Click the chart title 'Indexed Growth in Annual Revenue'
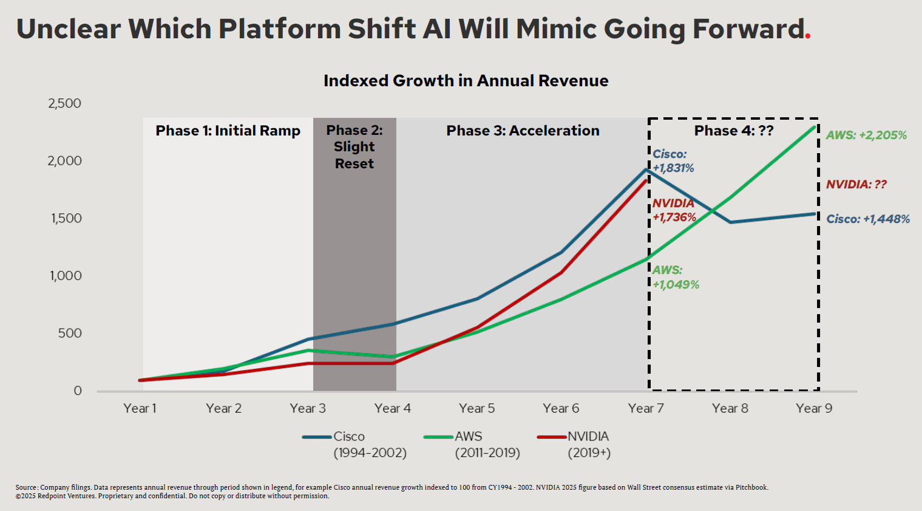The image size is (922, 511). click(x=466, y=81)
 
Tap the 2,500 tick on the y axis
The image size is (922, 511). click(x=64, y=103)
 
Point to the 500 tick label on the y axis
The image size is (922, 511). click(x=70, y=333)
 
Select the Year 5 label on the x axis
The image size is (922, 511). click(x=476, y=408)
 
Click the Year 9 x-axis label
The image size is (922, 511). click(x=814, y=408)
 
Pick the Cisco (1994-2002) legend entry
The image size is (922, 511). click(x=355, y=444)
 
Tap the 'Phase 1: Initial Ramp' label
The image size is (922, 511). click(x=228, y=131)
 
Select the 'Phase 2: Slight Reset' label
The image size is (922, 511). click(x=354, y=146)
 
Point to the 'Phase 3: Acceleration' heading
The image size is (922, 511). click(x=523, y=131)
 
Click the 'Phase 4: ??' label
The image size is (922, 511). click(x=734, y=131)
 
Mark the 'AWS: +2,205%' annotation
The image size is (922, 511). click(x=866, y=135)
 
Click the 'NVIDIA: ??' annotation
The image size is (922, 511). click(x=856, y=184)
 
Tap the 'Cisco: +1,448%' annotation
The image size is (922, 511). click(x=868, y=219)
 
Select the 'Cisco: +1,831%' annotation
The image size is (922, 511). click(x=673, y=161)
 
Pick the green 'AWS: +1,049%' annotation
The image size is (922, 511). click(x=676, y=277)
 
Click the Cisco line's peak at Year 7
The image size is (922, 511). click(x=646, y=170)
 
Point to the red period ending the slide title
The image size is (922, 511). click(x=808, y=38)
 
